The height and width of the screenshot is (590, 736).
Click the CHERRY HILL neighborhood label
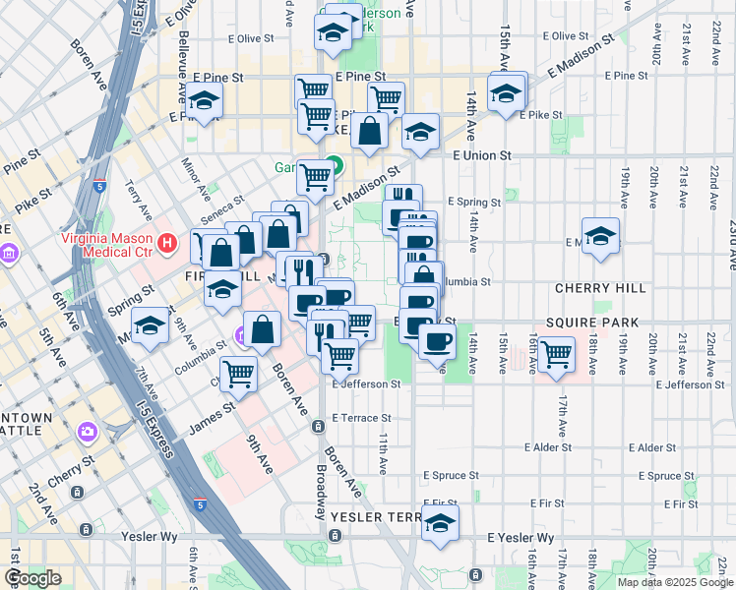pyautogui.click(x=600, y=288)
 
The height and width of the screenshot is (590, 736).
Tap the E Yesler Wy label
pyautogui.click(x=521, y=538)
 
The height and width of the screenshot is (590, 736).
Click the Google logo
pyautogui.click(x=32, y=578)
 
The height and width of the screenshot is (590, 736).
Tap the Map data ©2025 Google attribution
pyautogui.click(x=674, y=582)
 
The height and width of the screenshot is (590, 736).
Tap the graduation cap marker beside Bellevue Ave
pyautogui.click(x=205, y=101)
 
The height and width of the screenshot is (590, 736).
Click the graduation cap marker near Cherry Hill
pyautogui.click(x=600, y=236)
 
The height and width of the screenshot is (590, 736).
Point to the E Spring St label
pyautogui.click(x=474, y=202)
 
